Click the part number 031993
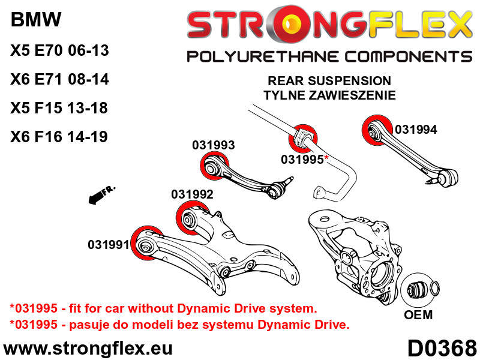click(214, 145)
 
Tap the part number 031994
click(416, 130)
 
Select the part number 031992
click(192, 194)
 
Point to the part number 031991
click(109, 245)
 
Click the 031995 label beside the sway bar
click(302, 160)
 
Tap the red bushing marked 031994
click(377, 130)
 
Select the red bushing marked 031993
click(214, 167)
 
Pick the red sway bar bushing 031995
click(303, 139)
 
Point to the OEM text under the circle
click(418, 315)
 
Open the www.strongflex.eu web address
click(88, 349)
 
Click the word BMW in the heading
click(36, 20)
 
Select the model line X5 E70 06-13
click(59, 50)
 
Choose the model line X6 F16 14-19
click(59, 137)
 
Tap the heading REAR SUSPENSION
click(329, 81)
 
